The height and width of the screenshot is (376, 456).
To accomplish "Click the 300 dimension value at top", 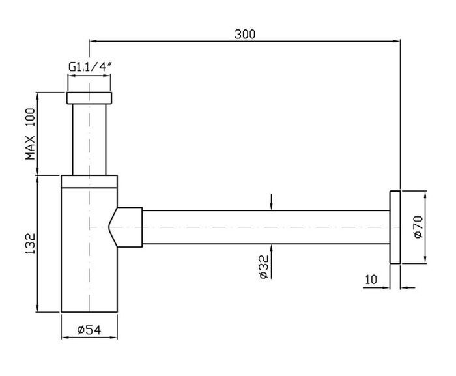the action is [x=244, y=34].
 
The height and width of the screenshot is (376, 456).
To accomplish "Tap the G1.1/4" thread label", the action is [x=90, y=66].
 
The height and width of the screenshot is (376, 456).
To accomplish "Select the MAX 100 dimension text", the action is [x=30, y=134].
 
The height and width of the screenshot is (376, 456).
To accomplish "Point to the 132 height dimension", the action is [x=30, y=244].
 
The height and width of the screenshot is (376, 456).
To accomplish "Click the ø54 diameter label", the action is [x=89, y=330].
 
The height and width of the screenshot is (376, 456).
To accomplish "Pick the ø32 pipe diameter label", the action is [x=264, y=267].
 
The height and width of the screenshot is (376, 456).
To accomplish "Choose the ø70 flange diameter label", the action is [x=418, y=227].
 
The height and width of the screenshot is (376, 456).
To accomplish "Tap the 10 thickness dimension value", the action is [x=371, y=280].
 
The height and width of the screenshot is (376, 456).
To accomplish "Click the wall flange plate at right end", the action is [x=395, y=227].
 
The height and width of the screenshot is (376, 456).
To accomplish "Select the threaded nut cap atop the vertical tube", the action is [x=89, y=98].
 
